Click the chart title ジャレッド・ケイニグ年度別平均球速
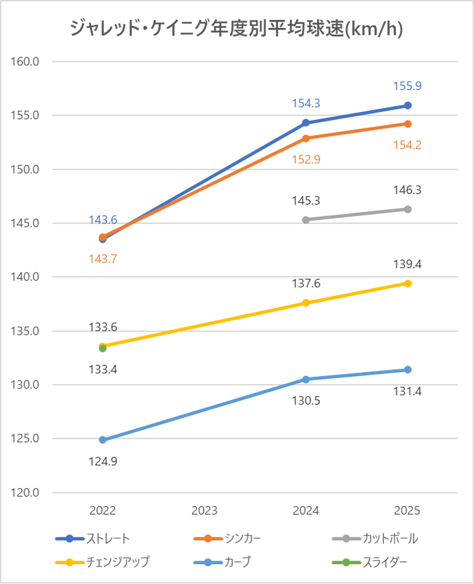[237, 29]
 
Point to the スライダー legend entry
[385, 562]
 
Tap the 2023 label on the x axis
[204, 511]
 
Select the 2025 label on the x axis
[407, 511]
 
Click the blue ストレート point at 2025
[407, 105]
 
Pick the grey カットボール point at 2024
[306, 220]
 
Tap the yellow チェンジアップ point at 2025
[407, 283]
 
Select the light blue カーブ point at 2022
[103, 440]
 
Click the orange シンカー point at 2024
[306, 138]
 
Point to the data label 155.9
[407, 86]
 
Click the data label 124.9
[103, 460]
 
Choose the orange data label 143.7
[103, 259]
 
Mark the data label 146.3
[407, 190]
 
